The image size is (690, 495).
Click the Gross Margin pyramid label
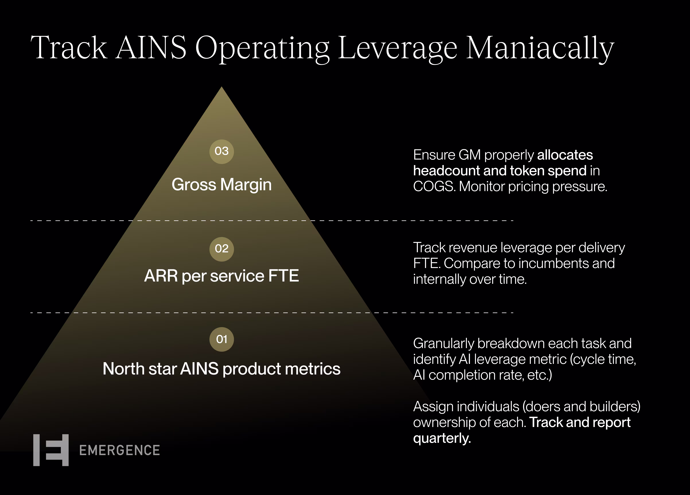tap(221, 185)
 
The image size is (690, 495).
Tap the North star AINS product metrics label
tap(221, 369)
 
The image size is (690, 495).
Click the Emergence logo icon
tap(51, 450)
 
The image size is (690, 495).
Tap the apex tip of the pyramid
tap(221, 87)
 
